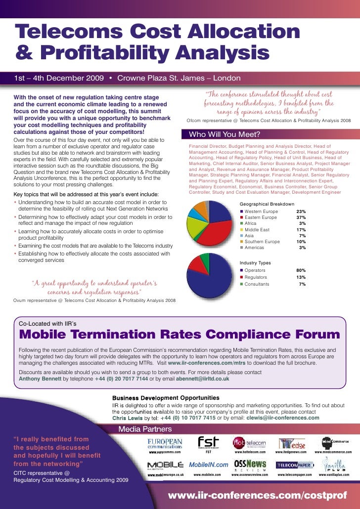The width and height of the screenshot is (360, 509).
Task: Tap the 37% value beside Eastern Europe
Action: pos(301,217)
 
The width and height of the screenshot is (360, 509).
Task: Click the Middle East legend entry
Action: pos(257,230)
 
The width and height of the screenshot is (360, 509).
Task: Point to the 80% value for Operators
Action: pos(301,270)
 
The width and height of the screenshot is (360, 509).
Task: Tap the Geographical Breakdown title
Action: pos(267,204)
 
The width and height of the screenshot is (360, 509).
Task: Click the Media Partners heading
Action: pos(145,428)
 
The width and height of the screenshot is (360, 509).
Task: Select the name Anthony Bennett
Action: pos(40,379)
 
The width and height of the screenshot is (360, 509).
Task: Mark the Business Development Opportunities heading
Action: pos(166,398)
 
